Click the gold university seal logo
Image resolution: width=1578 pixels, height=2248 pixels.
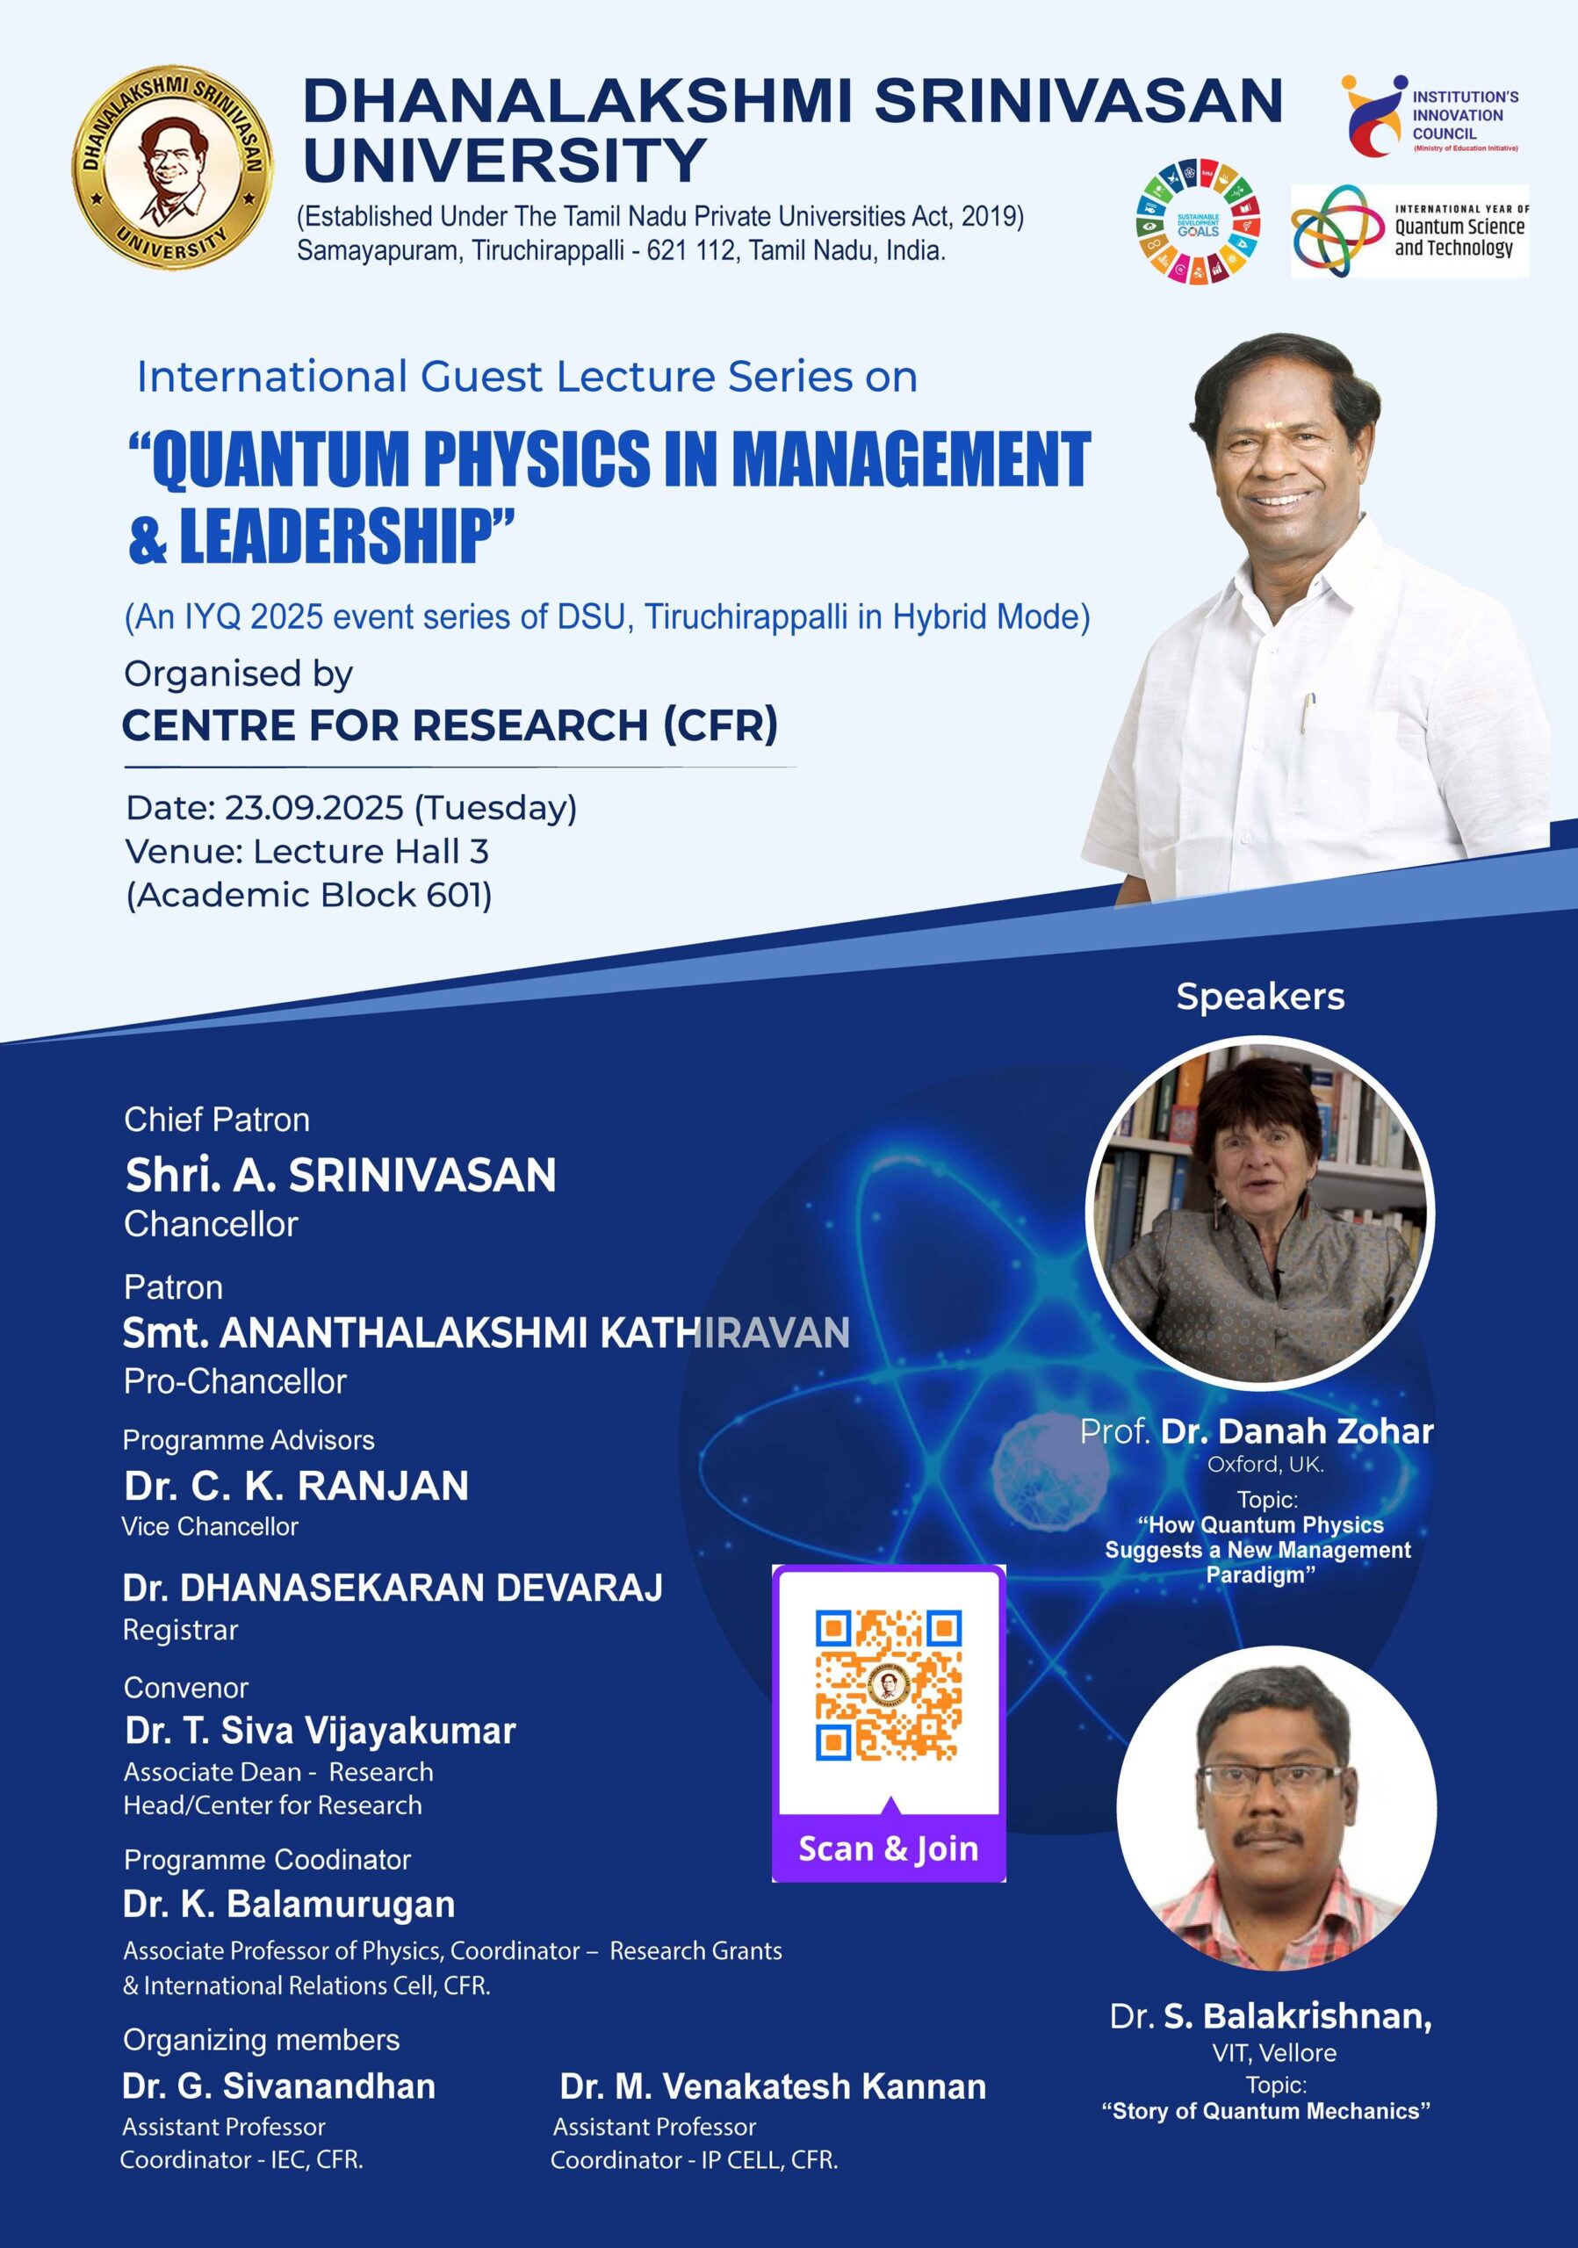pos(172,169)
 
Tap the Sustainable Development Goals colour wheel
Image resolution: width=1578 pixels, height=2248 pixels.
pos(1198,224)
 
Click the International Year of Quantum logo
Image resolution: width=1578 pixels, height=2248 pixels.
pos(1409,231)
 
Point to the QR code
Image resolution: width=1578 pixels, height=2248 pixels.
pos(888,1686)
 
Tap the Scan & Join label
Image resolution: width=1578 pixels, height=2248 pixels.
pos(888,1848)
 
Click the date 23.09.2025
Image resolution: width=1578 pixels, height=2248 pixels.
pos(313,808)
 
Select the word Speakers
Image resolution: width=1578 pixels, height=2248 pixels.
pos(1260,997)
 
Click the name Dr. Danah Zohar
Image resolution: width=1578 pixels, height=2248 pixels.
pos(1297,1431)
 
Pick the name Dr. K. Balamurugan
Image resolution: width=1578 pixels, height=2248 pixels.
pos(289,1905)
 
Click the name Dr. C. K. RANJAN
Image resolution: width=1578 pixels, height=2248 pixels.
pos(296,1485)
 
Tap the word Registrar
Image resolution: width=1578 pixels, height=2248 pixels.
pos(180,1630)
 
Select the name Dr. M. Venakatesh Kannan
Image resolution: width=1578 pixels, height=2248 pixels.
pos(773,2086)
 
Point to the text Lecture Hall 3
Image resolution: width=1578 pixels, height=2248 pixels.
pos(371,852)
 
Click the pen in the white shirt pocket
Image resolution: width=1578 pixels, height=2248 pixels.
pos(1308,713)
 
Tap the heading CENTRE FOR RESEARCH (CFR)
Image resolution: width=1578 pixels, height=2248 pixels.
pos(450,724)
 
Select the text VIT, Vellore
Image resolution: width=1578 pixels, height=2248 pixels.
pos(1273,2053)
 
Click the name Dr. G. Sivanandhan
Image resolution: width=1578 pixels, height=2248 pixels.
pos(279,2086)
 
